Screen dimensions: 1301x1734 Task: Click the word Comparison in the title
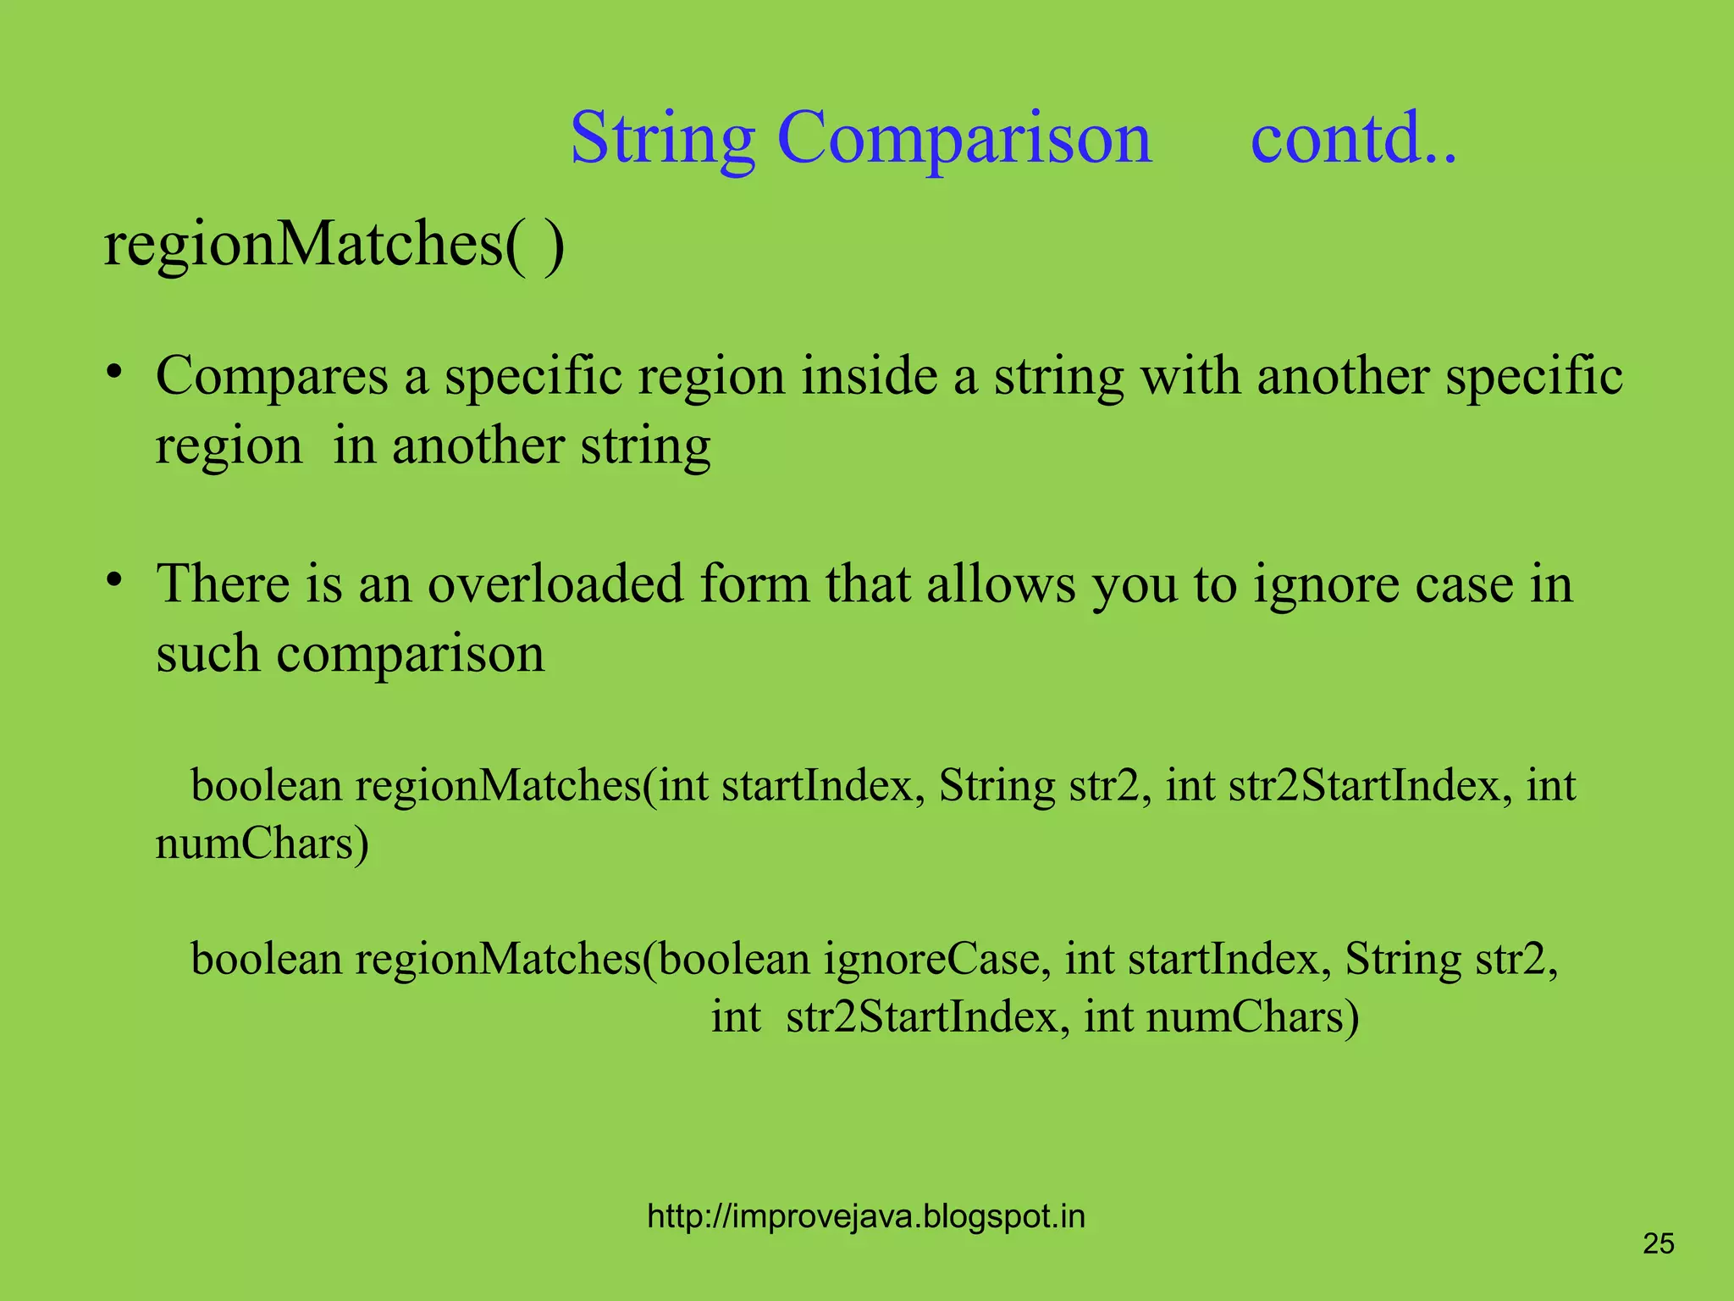964,139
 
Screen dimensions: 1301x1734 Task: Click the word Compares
272,376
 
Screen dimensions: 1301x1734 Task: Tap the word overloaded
555,584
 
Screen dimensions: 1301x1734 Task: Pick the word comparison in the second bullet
411,655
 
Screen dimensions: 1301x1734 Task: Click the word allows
1001,584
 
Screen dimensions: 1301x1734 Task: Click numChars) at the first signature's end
262,844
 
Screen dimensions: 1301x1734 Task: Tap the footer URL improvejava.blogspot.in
865,1217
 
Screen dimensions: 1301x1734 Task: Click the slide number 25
1658,1244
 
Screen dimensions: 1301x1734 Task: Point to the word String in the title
662,139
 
